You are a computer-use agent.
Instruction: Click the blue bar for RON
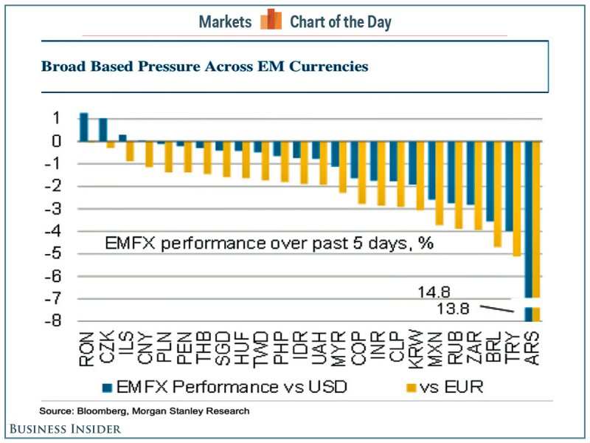tap(83, 127)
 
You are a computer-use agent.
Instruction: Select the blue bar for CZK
tap(103, 130)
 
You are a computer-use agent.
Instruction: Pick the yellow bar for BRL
tap(498, 194)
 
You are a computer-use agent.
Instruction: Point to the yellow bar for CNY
tap(149, 154)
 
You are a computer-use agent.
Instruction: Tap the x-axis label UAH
tap(318, 350)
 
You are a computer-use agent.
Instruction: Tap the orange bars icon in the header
tap(271, 20)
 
